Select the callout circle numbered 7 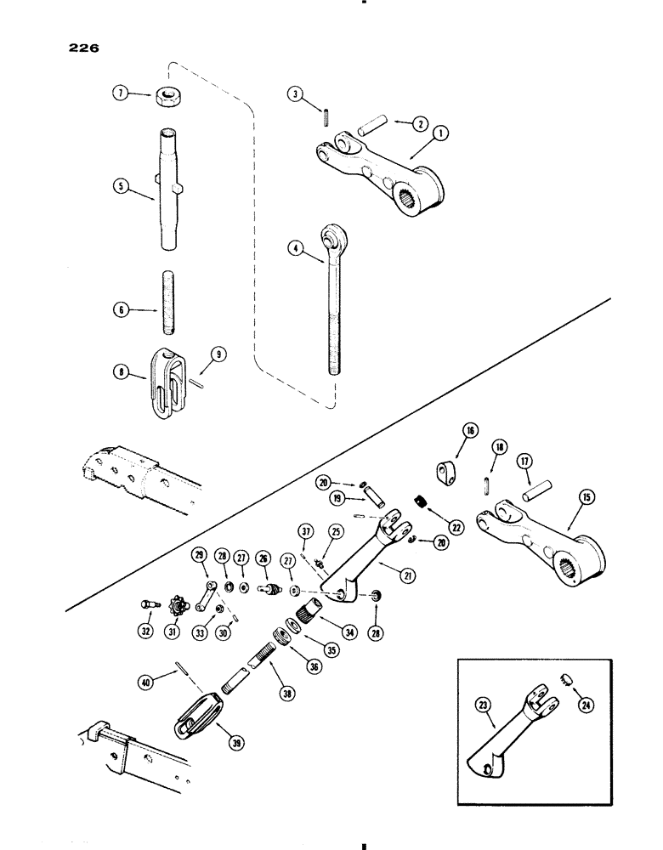pos(122,95)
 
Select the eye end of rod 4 pos(330,235)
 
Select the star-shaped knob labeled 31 pos(177,609)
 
